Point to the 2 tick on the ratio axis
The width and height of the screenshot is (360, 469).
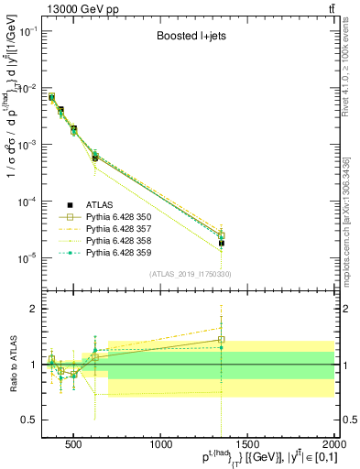point(33,309)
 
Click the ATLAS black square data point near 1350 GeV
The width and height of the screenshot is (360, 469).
point(222,244)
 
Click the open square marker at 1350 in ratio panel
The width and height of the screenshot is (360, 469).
point(222,340)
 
